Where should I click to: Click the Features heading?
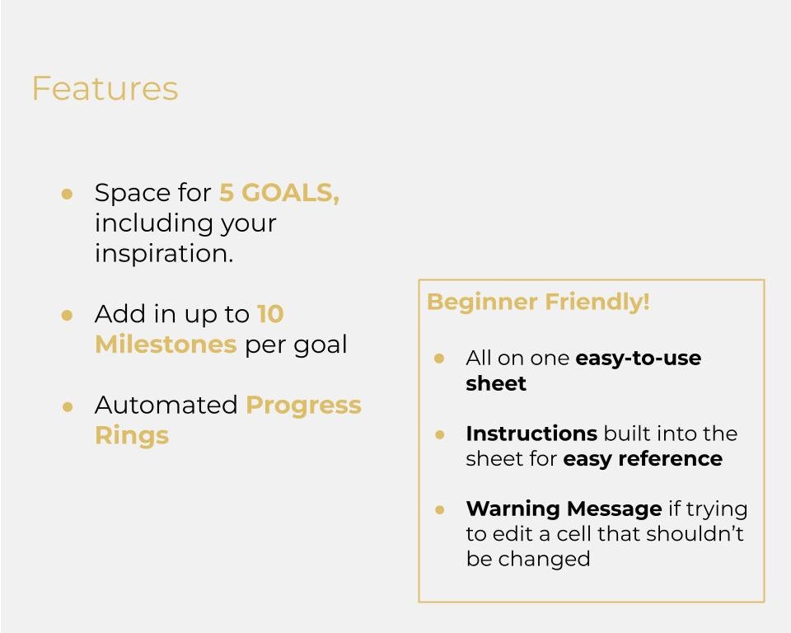pos(105,89)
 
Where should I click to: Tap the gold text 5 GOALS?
pos(278,193)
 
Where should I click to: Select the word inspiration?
pos(164,254)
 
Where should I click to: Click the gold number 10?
pos(270,314)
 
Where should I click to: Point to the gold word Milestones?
pos(166,345)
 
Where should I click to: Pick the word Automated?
pos(166,406)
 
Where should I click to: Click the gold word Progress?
pos(303,406)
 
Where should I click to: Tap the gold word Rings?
pos(132,435)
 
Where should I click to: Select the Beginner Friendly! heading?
pos(538,302)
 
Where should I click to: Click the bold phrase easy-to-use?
pos(638,359)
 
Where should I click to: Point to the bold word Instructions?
pos(531,434)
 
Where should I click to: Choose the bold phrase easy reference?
pos(643,459)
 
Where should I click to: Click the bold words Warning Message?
pos(564,509)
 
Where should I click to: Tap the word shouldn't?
pos(695,534)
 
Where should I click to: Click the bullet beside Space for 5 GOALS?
pos(68,194)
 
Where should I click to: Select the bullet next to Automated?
pos(68,406)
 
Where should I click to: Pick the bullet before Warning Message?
pos(439,509)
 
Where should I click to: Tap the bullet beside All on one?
pos(439,359)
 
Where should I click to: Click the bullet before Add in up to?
pos(68,315)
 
